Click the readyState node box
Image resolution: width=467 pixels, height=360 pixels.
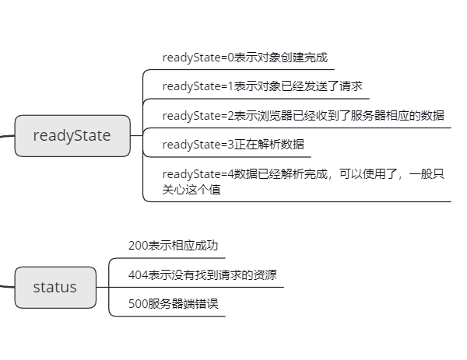(x=72, y=135)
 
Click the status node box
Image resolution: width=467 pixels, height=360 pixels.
(x=54, y=287)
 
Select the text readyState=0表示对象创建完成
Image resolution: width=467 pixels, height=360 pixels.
(x=244, y=57)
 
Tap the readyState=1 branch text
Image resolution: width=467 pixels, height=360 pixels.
(x=262, y=86)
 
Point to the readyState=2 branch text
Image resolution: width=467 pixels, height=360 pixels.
(x=303, y=115)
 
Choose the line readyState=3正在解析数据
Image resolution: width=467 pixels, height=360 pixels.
(x=233, y=144)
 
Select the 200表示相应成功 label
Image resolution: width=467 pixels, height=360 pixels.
(x=173, y=246)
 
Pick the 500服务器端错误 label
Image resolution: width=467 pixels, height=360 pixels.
(x=173, y=303)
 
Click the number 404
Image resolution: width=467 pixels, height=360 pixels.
(x=138, y=274)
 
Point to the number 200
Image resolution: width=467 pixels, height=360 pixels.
(x=138, y=246)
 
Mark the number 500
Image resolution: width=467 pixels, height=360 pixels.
(x=138, y=303)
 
